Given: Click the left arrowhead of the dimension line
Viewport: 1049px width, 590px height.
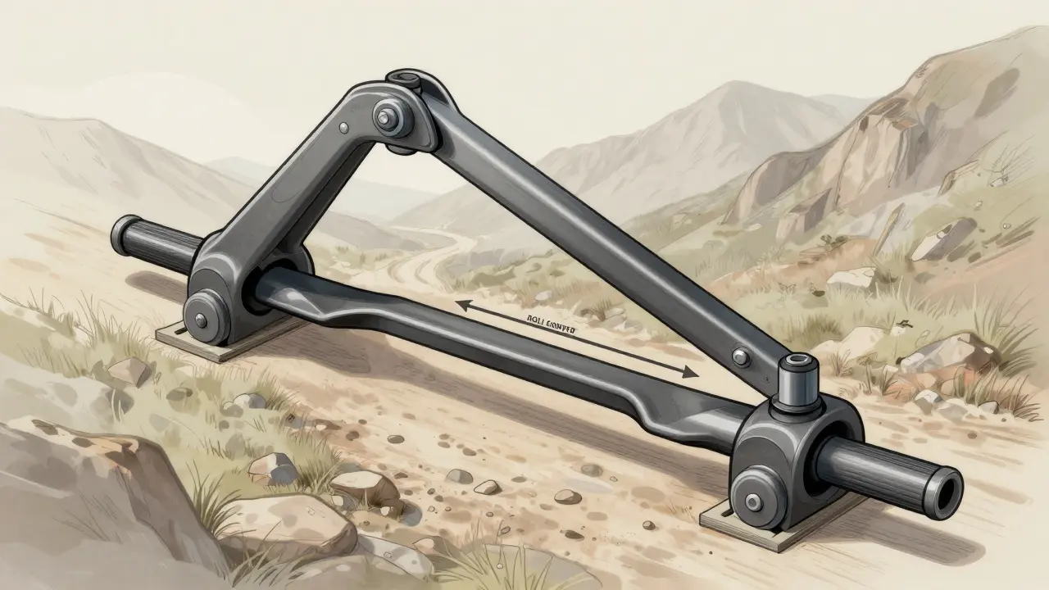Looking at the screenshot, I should pos(461,305).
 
